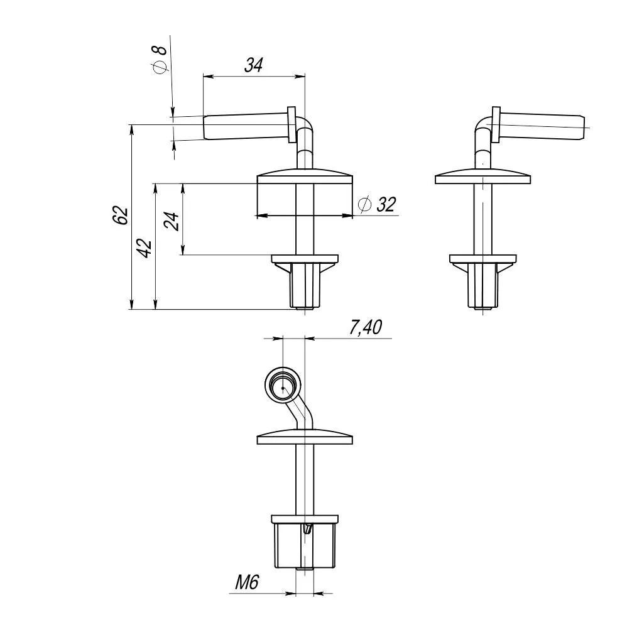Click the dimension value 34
(x=253, y=65)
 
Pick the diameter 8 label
(x=160, y=60)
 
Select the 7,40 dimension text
(x=365, y=327)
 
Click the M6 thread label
(x=247, y=582)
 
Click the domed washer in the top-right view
(x=483, y=177)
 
